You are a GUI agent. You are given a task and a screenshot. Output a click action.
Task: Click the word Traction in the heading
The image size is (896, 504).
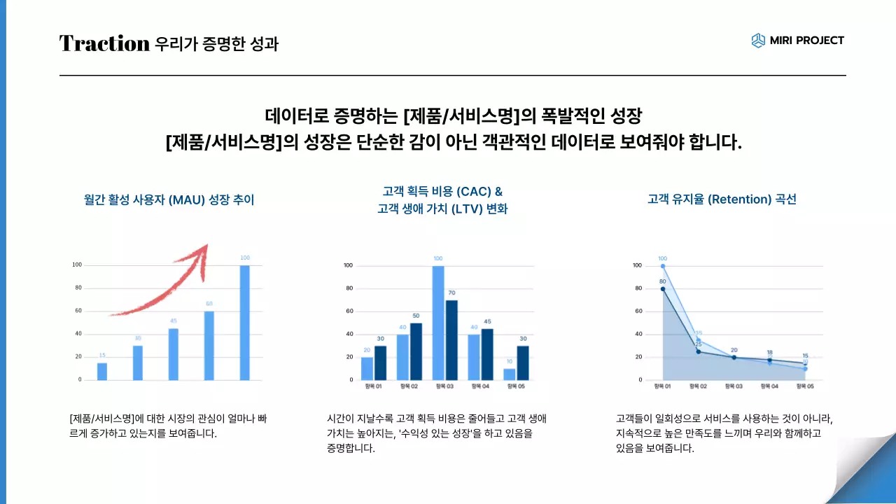(x=104, y=43)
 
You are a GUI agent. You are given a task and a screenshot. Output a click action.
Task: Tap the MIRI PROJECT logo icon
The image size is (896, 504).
(x=758, y=41)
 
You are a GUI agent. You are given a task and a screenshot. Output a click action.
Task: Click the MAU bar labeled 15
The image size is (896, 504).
(x=102, y=371)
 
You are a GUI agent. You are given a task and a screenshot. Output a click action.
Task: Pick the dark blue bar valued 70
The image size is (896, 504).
(x=451, y=339)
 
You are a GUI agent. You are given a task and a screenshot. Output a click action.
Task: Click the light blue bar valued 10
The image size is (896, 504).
(x=509, y=374)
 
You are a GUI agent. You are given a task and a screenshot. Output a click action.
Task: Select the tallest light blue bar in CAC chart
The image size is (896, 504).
(x=438, y=323)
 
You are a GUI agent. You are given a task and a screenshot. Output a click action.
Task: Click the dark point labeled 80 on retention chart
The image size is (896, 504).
(x=663, y=288)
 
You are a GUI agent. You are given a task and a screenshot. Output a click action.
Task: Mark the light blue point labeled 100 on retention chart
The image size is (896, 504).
(x=663, y=266)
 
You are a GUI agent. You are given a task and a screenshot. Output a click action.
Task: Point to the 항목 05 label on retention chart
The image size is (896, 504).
(x=805, y=386)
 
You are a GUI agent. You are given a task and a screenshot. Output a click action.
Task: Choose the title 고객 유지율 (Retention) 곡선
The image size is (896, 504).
(x=722, y=199)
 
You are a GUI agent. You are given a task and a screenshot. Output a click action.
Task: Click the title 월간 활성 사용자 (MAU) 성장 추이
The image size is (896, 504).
(x=169, y=200)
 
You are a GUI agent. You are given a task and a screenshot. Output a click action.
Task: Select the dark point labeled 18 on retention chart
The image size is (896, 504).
(x=769, y=360)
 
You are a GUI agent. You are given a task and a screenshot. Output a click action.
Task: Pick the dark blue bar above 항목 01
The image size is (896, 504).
(x=380, y=363)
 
